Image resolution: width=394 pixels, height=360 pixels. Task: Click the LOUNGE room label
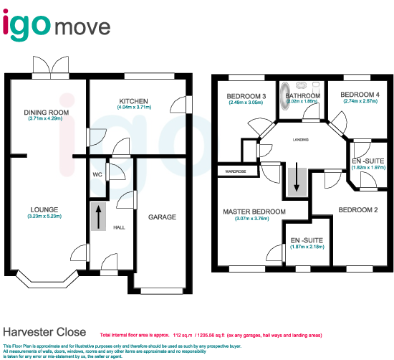[x=44, y=209]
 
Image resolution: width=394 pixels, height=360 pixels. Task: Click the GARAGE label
[x=162, y=217]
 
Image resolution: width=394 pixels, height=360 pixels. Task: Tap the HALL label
[x=119, y=227]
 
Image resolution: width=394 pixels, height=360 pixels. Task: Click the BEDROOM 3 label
[x=246, y=96]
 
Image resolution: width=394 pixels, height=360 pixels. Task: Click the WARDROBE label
[x=236, y=172]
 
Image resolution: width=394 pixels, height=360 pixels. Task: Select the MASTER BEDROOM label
[x=254, y=212]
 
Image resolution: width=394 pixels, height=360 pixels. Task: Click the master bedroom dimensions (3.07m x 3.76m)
[x=254, y=219]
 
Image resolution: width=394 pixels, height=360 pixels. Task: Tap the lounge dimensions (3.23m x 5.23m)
[x=44, y=217]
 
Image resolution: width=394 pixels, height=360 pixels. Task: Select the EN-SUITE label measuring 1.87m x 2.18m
[x=307, y=240]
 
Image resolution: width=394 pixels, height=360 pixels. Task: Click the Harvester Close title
[x=44, y=333]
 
